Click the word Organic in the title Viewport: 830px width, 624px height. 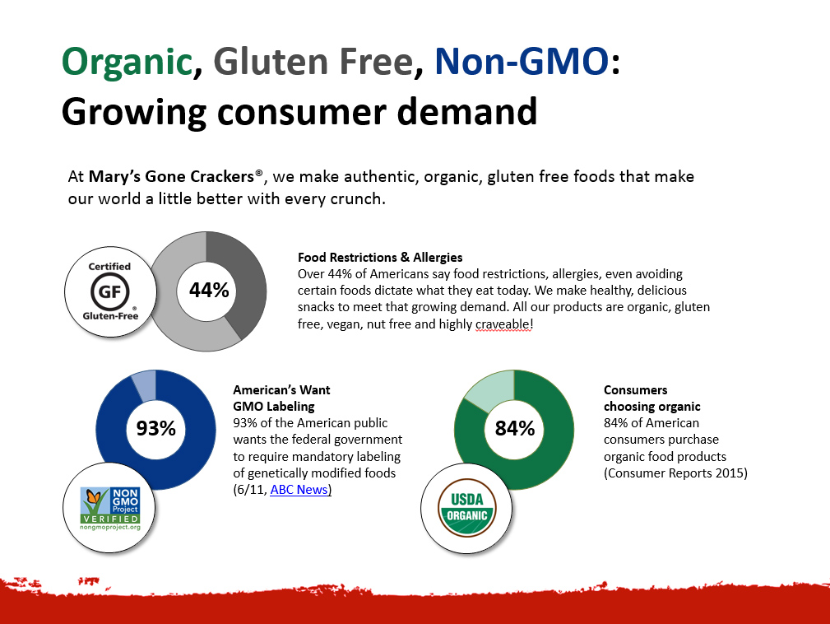pos(127,63)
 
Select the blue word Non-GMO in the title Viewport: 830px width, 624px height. pos(522,61)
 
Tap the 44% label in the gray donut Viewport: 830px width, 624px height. pos(209,291)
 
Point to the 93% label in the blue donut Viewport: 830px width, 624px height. pos(156,428)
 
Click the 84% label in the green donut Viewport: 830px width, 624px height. pos(514,428)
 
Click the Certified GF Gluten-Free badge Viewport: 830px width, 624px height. pos(110,292)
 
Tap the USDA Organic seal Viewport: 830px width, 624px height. pos(467,509)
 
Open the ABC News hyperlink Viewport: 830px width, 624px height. pos(299,490)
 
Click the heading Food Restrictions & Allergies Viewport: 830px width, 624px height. pos(380,258)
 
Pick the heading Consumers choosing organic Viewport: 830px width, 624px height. pos(652,398)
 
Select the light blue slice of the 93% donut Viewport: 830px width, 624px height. pos(145,385)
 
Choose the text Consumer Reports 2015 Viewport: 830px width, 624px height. pos(675,473)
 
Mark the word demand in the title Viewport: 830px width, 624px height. pos(467,112)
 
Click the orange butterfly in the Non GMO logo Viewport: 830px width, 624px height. pos(94,497)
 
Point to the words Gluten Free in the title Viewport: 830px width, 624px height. pos(313,61)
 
